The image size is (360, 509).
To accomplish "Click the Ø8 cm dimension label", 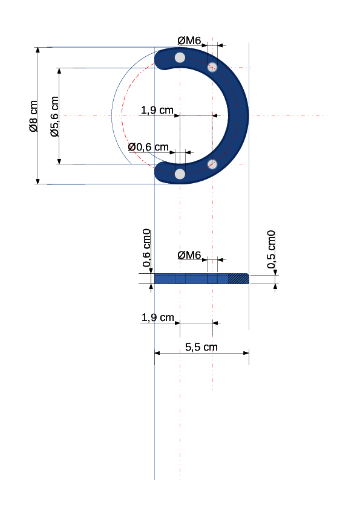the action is coord(33,116).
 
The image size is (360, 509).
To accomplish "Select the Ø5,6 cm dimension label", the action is coord(54,116).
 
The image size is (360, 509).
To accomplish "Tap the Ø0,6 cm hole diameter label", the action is coord(148,147).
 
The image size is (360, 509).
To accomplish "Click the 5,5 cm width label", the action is coord(201,347).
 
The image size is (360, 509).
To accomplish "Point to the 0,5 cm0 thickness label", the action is coord(271,249).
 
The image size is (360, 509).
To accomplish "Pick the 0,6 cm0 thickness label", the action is coord(146,248).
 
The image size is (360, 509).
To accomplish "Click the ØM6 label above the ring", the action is coord(189,41).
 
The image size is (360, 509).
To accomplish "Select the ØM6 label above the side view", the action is coord(189,255).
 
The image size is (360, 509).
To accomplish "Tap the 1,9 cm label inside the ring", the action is coord(157,110).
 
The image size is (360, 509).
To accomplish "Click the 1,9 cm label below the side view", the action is coord(157,317).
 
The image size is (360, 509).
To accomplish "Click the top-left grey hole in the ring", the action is coord(180,57).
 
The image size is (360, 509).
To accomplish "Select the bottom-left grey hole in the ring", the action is coord(180,174).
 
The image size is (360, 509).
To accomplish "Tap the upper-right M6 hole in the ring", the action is coord(212,67).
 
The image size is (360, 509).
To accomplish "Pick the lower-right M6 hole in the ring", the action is coord(212,164).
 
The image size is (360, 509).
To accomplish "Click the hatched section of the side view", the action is coord(238,279).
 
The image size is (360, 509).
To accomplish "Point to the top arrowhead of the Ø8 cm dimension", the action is coord(38,50).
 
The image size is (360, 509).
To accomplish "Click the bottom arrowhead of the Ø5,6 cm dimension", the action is coord(59,161).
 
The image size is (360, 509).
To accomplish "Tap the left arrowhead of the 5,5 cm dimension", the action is coord(157,353).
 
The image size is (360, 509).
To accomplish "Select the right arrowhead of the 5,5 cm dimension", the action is coord(246,353).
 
